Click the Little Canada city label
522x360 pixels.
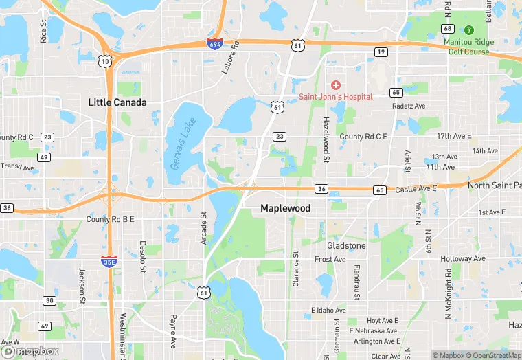pos(117,102)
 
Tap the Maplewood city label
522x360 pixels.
pos(285,208)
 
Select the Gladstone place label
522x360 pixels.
pos(346,245)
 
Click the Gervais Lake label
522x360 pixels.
pos(183,143)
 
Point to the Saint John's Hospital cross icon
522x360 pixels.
pos(336,85)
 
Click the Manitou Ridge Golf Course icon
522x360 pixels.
pos(469,30)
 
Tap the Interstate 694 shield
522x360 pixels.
pos(214,44)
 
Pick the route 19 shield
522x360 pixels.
pos(380,52)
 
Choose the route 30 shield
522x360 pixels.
pos(49,300)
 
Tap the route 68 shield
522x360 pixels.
pos(448,28)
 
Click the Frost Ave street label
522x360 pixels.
pos(330,260)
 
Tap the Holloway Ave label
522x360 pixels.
pos(463,259)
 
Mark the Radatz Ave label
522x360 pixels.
pos(409,106)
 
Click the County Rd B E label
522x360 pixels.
pos(110,219)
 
